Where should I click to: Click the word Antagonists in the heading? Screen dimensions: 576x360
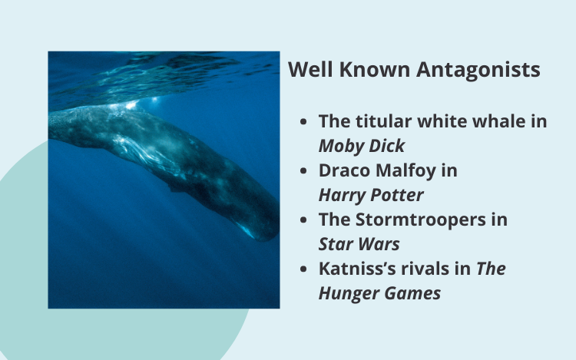(478, 70)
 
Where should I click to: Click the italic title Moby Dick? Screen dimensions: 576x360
(362, 146)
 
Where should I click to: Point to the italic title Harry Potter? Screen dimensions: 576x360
(371, 195)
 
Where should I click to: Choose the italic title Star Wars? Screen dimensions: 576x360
(359, 244)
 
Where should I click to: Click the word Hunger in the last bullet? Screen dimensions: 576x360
(348, 293)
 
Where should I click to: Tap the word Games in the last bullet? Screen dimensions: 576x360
(412, 293)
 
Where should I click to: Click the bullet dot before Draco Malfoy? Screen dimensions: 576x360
(303, 171)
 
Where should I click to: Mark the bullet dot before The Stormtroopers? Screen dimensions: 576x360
(303, 220)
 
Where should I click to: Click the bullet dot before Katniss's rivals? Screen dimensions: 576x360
(303, 269)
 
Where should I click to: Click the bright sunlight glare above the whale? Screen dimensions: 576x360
(131, 106)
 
